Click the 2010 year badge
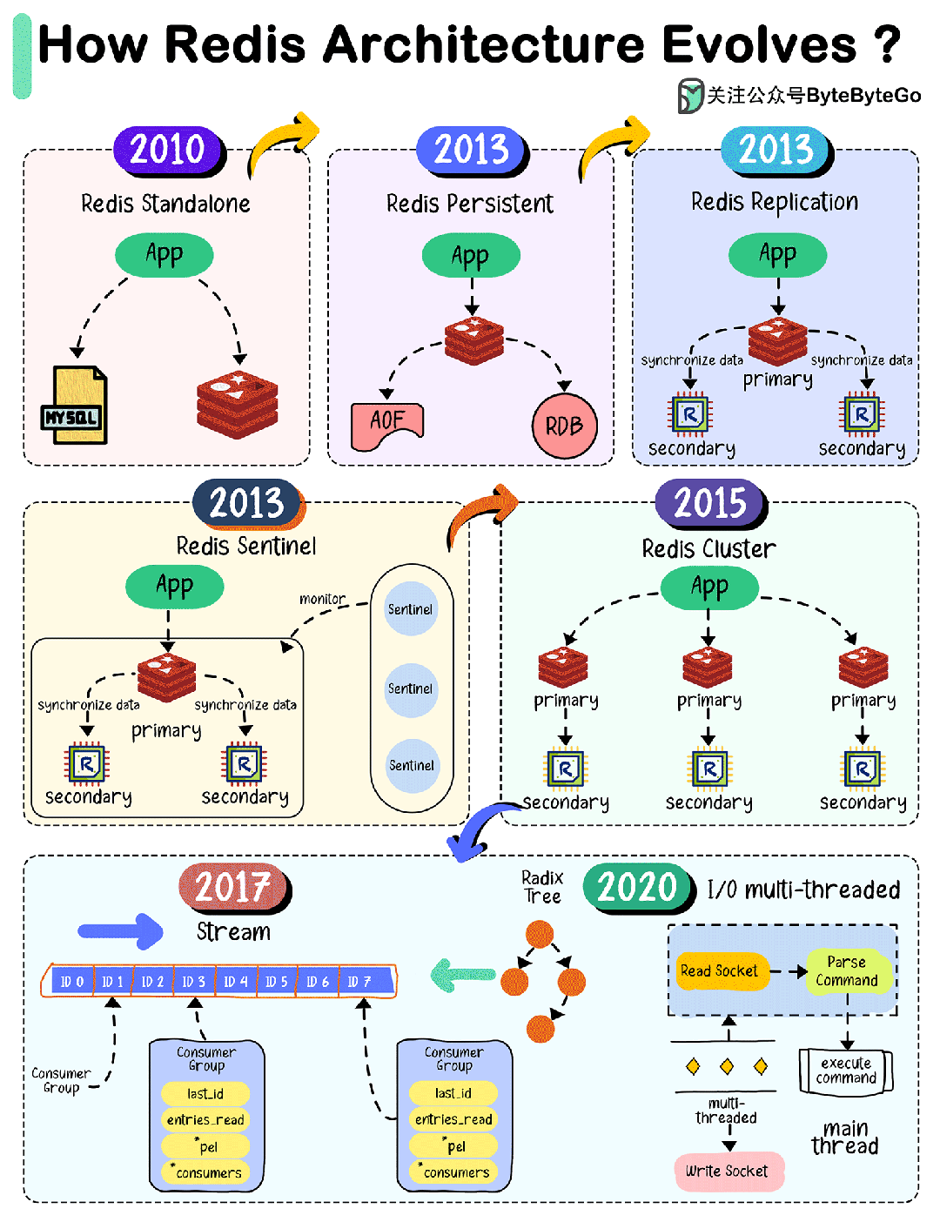(x=168, y=150)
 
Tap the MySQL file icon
(x=76, y=406)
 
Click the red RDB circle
(x=564, y=426)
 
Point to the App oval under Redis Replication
(x=777, y=255)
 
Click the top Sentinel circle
(x=411, y=609)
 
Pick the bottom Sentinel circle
(x=411, y=766)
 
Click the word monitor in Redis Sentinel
(x=322, y=599)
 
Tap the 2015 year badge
(x=710, y=503)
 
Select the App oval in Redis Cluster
(x=709, y=587)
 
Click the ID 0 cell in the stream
(x=71, y=982)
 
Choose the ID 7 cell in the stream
(x=359, y=982)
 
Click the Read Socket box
(x=720, y=971)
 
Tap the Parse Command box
(x=847, y=971)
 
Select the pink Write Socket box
(x=728, y=1172)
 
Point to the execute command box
(x=846, y=1071)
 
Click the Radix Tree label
(x=542, y=887)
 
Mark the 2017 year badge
(x=232, y=888)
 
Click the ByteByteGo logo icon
(x=690, y=95)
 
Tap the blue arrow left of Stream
(x=120, y=931)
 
